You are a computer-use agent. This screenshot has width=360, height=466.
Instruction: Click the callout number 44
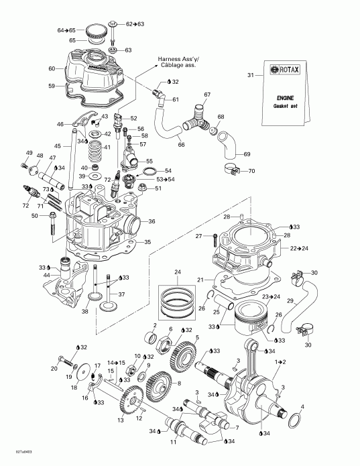click(x=46, y=276)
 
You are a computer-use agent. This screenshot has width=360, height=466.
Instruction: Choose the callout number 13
click(x=120, y=420)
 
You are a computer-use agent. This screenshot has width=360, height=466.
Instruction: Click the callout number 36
click(x=152, y=222)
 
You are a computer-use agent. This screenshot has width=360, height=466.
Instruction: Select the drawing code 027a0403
click(x=13, y=459)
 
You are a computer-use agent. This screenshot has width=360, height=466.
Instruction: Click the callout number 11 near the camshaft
click(x=173, y=443)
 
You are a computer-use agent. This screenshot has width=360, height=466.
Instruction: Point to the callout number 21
click(x=200, y=279)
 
